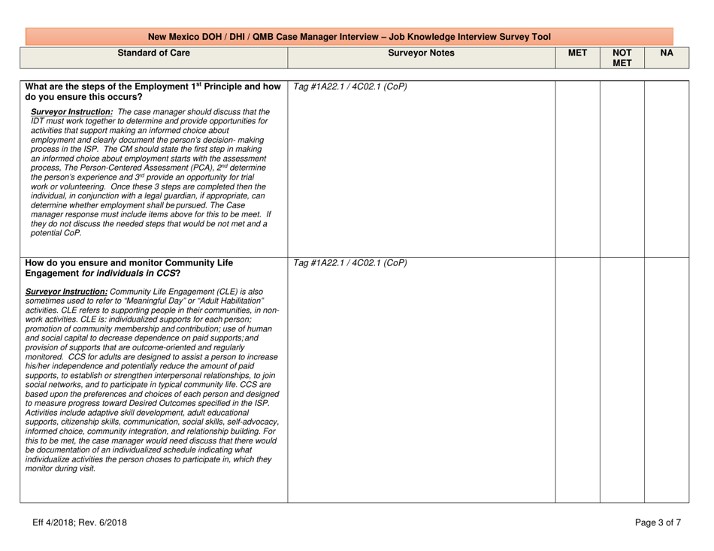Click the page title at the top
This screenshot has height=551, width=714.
(x=349, y=36)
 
